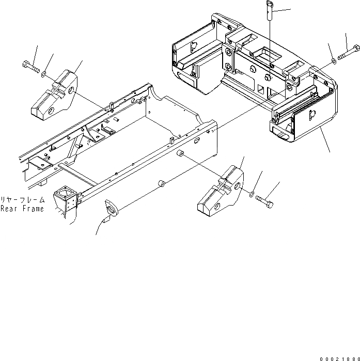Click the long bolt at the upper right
coord(350,52)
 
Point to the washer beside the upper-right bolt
coord(334,61)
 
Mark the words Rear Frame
coord(23,209)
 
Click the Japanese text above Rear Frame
coord(23,199)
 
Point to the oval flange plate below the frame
coord(111,207)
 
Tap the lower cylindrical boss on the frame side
coord(162,183)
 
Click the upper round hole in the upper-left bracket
coord(69,92)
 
